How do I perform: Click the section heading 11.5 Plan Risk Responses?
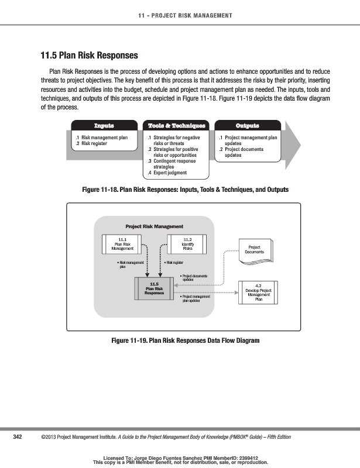[x=89, y=56]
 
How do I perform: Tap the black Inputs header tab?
[x=104, y=126]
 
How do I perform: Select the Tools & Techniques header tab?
[x=177, y=126]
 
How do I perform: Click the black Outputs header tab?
[x=247, y=126]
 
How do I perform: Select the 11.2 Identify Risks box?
[x=187, y=244]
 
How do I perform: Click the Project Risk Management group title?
[x=154, y=226]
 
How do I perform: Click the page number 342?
[x=18, y=437]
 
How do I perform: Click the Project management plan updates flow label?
[x=195, y=299]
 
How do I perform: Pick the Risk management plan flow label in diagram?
[x=130, y=265]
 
